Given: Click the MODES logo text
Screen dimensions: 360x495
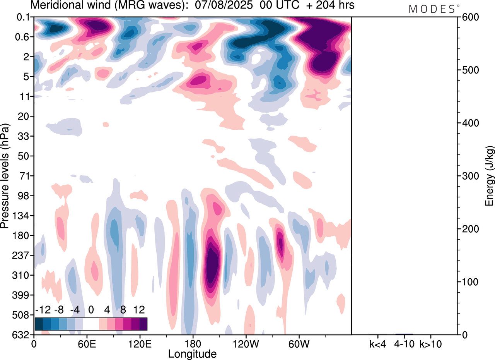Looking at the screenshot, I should (432, 9).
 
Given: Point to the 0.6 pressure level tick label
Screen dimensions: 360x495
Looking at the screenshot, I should (24, 37).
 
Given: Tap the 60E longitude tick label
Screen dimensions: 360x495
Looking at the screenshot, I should (87, 344).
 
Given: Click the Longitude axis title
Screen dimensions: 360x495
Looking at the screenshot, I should (192, 353).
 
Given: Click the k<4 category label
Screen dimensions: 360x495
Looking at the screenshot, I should (377, 344).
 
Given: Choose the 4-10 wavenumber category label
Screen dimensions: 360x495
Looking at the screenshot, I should (405, 344).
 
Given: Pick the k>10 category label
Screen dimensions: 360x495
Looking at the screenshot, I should (431, 344).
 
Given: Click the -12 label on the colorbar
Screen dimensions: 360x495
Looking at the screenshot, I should (43, 310).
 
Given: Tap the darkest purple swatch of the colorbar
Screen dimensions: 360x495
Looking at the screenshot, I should (143, 324).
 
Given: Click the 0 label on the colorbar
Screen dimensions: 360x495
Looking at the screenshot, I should (91, 310).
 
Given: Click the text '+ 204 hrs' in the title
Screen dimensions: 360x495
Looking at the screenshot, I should (319, 6).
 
